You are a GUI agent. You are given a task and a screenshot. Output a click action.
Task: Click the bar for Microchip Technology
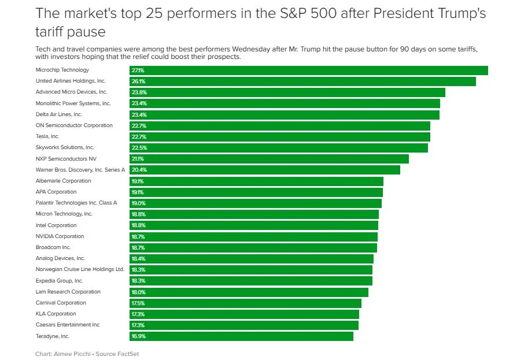(x=308, y=70)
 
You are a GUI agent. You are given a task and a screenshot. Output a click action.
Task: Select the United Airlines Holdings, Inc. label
(x=71, y=81)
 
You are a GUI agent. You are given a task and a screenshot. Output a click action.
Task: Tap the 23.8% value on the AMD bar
(x=139, y=92)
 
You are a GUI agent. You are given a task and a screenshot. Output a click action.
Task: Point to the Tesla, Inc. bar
(x=279, y=137)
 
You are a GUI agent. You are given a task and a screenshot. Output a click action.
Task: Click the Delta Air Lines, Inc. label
(x=59, y=114)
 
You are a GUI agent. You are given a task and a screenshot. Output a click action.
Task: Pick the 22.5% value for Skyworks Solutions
(x=139, y=148)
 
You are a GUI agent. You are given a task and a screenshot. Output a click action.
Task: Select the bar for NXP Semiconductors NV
(x=269, y=159)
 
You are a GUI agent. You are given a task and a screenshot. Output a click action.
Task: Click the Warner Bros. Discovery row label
(x=80, y=170)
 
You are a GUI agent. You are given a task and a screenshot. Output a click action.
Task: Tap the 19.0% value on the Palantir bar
(x=139, y=203)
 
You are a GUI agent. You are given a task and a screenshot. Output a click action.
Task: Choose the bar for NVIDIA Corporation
(x=253, y=237)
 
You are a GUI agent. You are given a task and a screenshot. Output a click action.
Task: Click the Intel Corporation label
(x=56, y=225)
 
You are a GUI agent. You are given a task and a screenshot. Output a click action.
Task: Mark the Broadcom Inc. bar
(x=253, y=248)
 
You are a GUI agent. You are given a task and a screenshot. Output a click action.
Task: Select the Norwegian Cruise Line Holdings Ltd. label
(x=80, y=270)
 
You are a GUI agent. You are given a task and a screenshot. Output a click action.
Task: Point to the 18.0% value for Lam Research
(x=139, y=292)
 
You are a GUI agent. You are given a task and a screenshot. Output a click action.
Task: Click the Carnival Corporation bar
(x=245, y=303)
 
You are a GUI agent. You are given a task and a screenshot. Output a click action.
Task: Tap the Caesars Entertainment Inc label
(x=68, y=325)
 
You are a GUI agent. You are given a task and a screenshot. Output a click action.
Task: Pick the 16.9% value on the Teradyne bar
(x=139, y=336)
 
